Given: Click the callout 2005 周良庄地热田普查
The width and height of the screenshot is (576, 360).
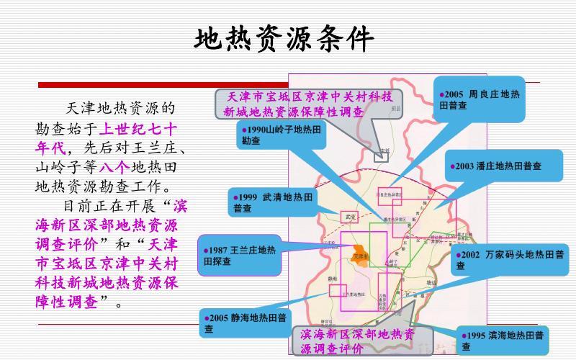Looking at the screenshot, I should click(x=479, y=99).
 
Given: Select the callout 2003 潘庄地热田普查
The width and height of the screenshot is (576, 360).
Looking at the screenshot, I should click(x=497, y=167).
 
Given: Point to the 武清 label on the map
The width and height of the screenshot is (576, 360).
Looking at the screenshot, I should click(x=351, y=215).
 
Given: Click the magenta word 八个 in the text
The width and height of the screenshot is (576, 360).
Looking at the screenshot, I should click(x=114, y=167).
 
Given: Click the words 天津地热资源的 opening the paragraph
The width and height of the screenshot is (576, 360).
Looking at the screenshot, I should click(x=120, y=109).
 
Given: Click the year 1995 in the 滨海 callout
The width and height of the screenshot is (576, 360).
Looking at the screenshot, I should click(x=475, y=336).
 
